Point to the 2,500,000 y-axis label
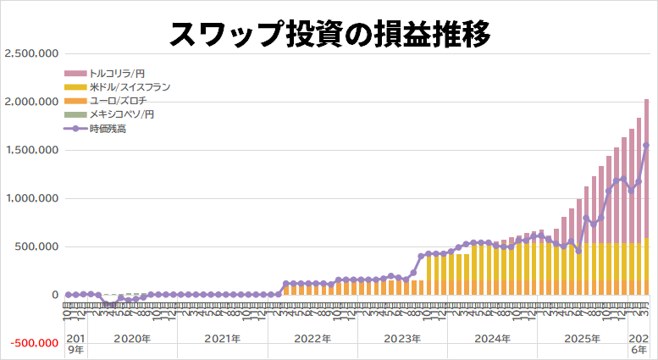(30, 53)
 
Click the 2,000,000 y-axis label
(30, 102)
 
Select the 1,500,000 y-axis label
(30, 150)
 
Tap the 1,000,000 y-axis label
(30, 198)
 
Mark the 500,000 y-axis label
(35, 246)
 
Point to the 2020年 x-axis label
(132, 339)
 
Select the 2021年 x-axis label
(222, 339)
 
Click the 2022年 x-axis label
(312, 339)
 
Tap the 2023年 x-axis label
(402, 339)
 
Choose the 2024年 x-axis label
(492, 339)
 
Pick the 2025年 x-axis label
(582, 339)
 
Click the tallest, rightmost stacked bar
(647, 195)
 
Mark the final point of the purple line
(647, 146)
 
